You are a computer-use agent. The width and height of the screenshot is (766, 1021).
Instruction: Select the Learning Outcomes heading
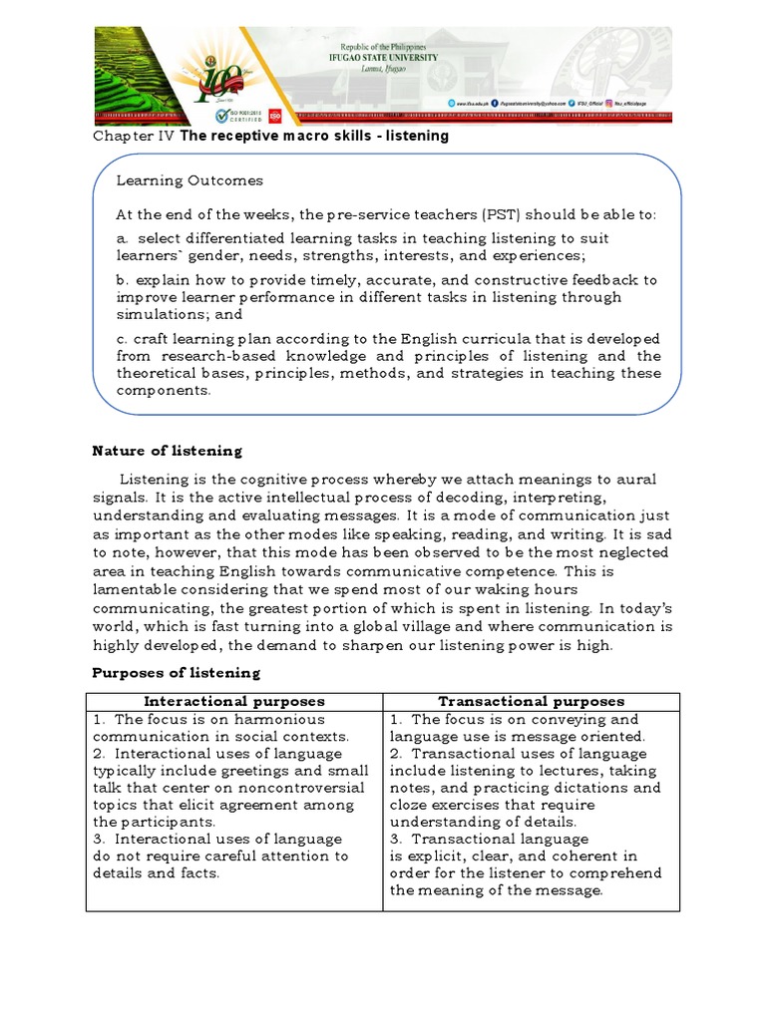click(190, 180)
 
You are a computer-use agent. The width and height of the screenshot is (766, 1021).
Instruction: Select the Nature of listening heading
click(167, 451)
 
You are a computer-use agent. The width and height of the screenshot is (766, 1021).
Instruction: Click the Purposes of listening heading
click(176, 672)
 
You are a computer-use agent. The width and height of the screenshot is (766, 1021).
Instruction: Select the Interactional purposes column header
click(234, 702)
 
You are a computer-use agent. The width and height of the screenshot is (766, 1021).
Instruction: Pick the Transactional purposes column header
click(532, 702)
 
